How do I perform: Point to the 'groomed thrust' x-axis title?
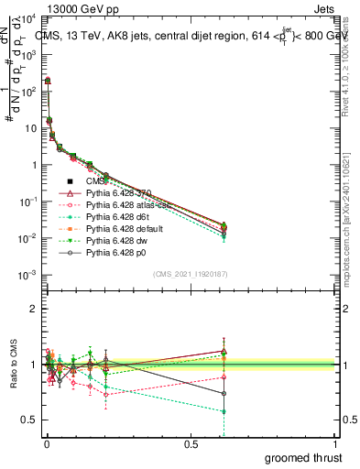(x=304, y=456)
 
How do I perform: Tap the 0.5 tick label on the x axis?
(x=191, y=443)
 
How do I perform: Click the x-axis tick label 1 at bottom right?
(x=335, y=443)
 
